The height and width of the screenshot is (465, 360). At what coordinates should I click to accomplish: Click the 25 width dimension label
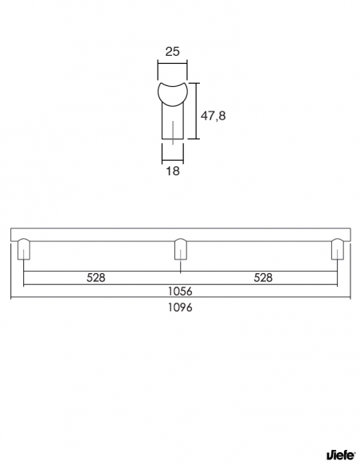tap(172, 51)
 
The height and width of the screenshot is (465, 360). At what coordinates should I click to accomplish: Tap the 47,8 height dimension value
tap(213, 115)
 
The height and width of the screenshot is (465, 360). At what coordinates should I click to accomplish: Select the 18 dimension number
tap(173, 171)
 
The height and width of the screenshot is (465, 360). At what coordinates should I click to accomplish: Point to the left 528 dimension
tap(96, 278)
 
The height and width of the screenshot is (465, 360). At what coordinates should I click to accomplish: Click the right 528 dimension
tap(263, 278)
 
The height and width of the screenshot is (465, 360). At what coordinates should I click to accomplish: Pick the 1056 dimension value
tap(180, 291)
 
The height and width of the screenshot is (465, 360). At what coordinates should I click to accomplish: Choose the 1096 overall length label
tap(180, 307)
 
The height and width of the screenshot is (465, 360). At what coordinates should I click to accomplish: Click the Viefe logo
tap(341, 455)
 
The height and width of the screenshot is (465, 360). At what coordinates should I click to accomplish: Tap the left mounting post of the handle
tap(24, 248)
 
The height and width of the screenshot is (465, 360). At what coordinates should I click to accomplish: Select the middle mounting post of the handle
tap(181, 248)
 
